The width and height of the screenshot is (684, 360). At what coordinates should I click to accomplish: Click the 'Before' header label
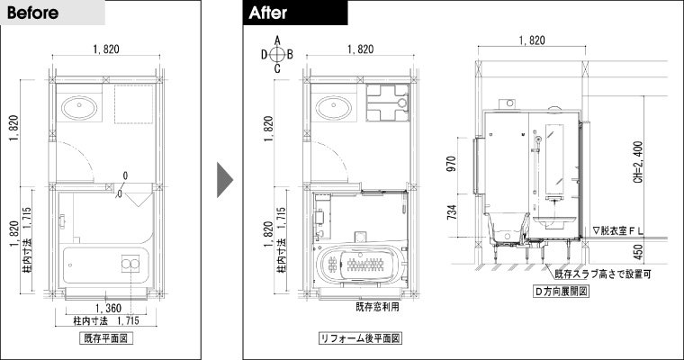click(32, 13)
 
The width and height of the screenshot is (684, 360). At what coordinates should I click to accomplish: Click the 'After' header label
click(268, 13)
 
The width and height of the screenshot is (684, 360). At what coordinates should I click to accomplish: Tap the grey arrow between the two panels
click(225, 180)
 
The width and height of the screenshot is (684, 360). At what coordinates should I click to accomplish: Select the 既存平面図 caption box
click(105, 337)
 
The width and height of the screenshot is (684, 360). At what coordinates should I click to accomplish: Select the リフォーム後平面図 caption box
click(360, 337)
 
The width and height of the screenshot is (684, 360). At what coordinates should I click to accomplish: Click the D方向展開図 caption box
click(561, 291)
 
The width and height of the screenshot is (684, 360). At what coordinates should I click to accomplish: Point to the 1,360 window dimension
click(108, 308)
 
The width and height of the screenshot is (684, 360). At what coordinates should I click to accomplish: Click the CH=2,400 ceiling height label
click(638, 162)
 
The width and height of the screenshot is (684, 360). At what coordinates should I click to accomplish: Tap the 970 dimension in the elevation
click(452, 164)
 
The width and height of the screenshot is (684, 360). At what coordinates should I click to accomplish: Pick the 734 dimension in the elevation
click(452, 212)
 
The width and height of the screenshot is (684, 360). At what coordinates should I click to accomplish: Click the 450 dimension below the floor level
click(638, 252)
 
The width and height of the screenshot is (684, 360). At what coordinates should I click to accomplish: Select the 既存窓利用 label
click(377, 307)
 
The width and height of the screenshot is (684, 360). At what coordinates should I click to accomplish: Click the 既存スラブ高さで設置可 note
click(603, 274)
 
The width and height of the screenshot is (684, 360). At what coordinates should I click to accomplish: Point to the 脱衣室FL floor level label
click(618, 230)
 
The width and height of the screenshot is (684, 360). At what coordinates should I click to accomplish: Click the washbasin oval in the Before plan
click(79, 107)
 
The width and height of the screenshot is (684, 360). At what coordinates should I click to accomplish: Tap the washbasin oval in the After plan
click(334, 107)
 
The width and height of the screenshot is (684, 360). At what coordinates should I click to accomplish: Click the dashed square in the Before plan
click(134, 104)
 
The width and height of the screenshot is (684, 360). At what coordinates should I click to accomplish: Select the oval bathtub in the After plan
click(360, 264)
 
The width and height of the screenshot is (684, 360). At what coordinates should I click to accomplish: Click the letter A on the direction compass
click(277, 40)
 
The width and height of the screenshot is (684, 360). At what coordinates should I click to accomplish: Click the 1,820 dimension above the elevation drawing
click(532, 40)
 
